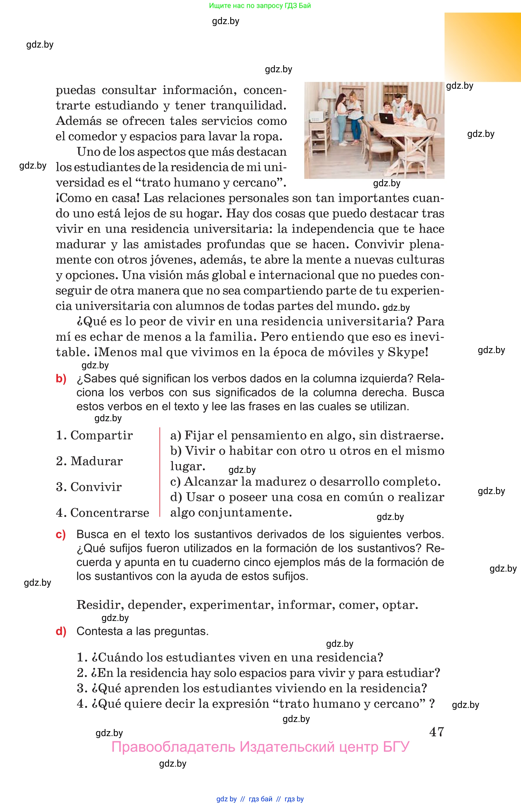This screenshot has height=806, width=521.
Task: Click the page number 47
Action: pos(436,732)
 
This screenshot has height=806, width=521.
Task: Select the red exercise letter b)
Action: pos(61,379)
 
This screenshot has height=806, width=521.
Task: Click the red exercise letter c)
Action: pos(61,534)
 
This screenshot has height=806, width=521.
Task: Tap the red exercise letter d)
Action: pos(61,631)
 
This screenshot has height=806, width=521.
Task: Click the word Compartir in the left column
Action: pos(101,435)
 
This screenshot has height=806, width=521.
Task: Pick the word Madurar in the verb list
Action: pos(96,461)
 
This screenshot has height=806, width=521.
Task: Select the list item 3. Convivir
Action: pos(88,487)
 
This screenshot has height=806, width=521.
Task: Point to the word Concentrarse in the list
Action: pos(109,513)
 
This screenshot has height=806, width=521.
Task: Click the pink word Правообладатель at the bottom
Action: pos(173,747)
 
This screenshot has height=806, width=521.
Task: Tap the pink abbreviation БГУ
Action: pos(396,747)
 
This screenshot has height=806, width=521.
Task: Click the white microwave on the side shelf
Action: pos(317,117)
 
